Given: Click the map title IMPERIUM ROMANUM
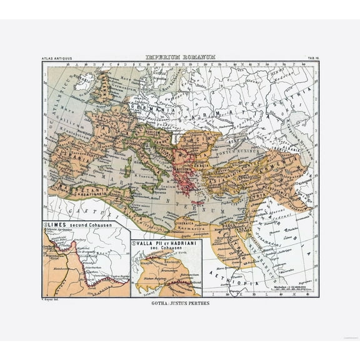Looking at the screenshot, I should tap(180, 56).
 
